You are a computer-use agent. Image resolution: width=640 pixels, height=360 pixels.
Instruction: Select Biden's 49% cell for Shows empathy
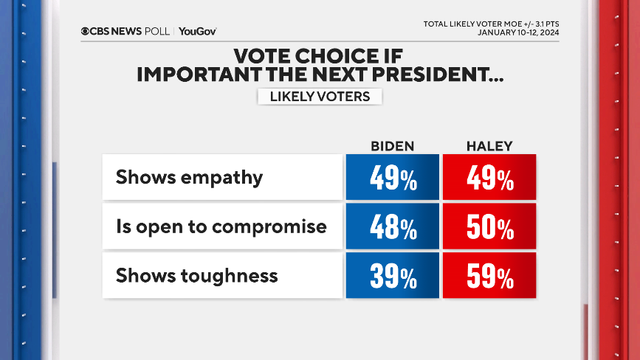click(392, 177)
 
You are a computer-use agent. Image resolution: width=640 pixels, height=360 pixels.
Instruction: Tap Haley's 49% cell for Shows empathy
click(489, 177)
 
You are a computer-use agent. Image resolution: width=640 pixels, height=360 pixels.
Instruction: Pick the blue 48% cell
click(392, 226)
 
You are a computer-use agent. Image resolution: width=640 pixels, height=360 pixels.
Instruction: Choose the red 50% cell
click(489, 226)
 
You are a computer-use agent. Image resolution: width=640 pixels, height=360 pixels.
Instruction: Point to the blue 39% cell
click(392, 276)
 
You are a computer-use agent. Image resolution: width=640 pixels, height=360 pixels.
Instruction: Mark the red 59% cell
click(489, 276)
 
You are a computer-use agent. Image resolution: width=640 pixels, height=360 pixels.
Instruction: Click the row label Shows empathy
click(189, 177)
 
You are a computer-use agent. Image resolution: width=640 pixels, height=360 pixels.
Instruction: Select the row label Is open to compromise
click(221, 226)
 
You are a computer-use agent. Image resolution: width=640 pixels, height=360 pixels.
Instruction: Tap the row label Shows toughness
click(196, 276)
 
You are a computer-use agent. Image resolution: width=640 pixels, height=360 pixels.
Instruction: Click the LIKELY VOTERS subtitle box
click(320, 97)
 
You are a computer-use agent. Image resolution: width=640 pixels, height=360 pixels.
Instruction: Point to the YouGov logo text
click(197, 31)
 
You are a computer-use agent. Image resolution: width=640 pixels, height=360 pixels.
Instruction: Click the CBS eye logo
click(86, 31)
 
